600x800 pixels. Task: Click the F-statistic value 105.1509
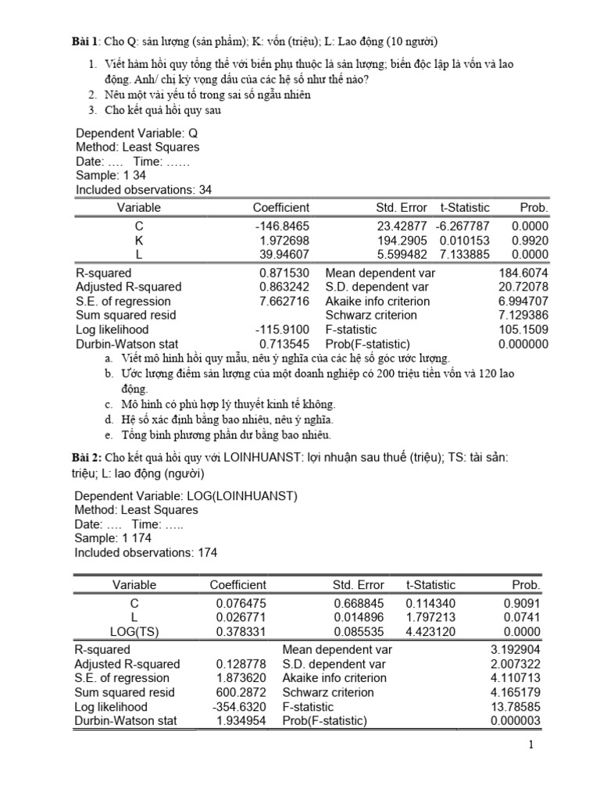click(x=523, y=330)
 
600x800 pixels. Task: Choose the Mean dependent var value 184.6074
click(x=523, y=273)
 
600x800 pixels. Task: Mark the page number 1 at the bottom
click(x=530, y=746)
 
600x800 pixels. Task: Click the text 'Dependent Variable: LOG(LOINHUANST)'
click(x=185, y=496)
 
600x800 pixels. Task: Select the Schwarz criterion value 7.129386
click(x=523, y=316)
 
